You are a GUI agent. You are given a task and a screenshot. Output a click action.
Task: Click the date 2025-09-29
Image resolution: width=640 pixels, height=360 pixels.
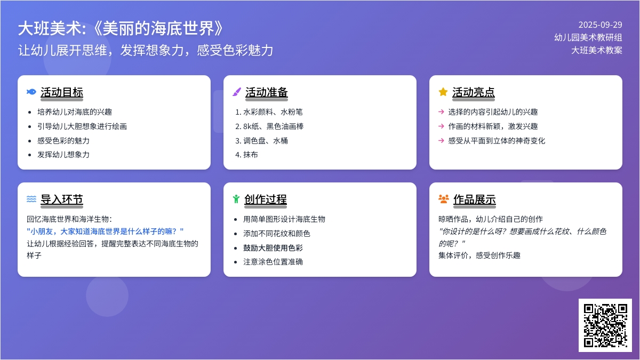coord(601,25)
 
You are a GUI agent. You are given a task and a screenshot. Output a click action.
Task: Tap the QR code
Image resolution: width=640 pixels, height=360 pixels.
coord(605,325)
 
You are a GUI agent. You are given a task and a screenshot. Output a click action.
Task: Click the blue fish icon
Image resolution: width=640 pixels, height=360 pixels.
coord(31,92)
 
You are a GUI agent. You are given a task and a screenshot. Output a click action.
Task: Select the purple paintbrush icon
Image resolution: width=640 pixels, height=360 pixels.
coord(237,92)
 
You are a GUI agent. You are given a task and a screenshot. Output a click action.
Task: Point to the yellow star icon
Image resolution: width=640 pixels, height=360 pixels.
coord(443,92)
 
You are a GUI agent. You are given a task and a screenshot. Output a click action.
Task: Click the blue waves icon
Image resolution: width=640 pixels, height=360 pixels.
coord(31,199)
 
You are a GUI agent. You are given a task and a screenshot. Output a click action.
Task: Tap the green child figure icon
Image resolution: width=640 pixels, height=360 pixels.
coord(236,199)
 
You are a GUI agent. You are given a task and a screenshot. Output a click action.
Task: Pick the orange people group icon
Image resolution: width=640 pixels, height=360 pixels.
coord(443,199)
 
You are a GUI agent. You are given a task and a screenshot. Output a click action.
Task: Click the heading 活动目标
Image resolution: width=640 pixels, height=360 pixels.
coord(62,92)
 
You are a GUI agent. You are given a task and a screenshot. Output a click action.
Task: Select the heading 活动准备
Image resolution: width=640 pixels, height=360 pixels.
coord(267,92)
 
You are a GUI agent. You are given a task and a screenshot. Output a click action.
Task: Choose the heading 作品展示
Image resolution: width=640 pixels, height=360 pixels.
coord(475,199)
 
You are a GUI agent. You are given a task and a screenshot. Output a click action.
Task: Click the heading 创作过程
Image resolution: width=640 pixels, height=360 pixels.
coord(266,199)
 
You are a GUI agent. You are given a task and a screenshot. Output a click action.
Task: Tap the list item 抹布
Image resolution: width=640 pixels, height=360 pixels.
coord(251,155)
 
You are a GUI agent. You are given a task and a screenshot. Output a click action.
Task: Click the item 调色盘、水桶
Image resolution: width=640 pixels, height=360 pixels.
coord(266,141)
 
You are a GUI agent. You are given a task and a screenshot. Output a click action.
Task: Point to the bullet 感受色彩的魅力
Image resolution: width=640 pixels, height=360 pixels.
coord(63,141)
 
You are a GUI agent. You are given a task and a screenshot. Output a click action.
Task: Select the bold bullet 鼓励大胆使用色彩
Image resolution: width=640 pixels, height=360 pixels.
coord(273,247)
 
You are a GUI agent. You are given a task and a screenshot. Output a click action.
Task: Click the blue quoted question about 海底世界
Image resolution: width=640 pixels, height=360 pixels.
coord(105,231)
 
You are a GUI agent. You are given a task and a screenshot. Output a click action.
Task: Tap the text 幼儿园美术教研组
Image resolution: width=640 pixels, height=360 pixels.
coord(588,37)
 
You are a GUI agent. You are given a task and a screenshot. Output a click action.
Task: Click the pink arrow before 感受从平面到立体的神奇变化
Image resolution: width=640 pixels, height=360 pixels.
coord(441,141)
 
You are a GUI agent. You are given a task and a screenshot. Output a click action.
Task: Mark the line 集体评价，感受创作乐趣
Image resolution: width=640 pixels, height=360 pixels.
coord(479,255)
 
